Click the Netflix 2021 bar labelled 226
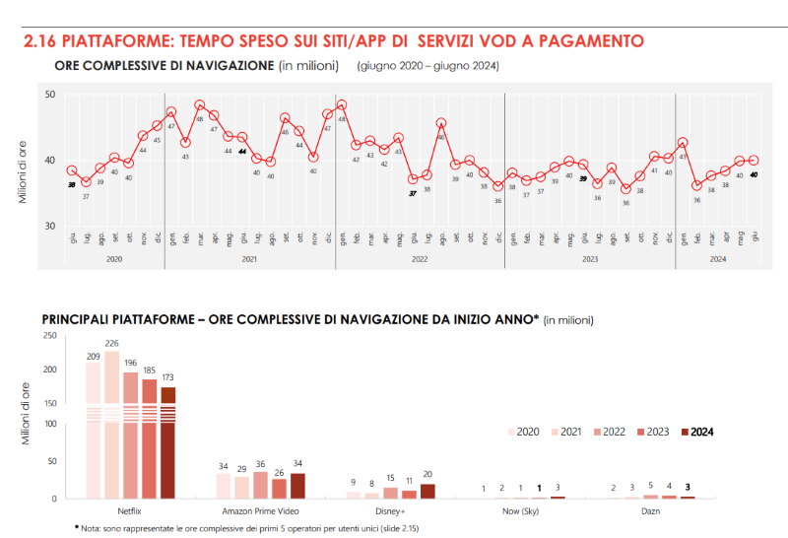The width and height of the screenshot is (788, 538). (x=112, y=424)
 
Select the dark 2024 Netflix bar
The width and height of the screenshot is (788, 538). (x=168, y=442)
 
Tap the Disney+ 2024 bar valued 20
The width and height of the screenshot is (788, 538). (x=427, y=491)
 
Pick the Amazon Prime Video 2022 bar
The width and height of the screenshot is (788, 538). (x=260, y=485)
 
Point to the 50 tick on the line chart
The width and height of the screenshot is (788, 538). (x=49, y=95)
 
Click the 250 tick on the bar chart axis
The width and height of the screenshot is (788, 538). (x=49, y=336)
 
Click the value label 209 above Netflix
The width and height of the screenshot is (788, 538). (x=94, y=356)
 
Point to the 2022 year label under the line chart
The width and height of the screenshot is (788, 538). (x=420, y=259)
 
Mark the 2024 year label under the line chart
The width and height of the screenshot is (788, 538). (x=717, y=259)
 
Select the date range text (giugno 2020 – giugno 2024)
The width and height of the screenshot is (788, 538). (x=428, y=67)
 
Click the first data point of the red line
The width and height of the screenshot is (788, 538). (x=71, y=171)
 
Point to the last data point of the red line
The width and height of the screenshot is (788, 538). (x=755, y=160)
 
